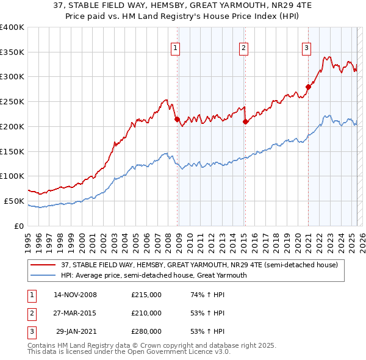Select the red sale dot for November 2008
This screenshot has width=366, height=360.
click(178, 120)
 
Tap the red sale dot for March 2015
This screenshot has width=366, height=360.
click(246, 122)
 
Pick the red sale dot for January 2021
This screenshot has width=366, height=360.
click(309, 87)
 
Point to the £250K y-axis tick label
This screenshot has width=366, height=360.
click(12, 101)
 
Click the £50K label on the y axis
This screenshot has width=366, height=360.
click(13, 201)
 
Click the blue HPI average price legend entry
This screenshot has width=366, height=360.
click(153, 275)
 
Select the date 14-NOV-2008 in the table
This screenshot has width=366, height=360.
click(75, 295)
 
